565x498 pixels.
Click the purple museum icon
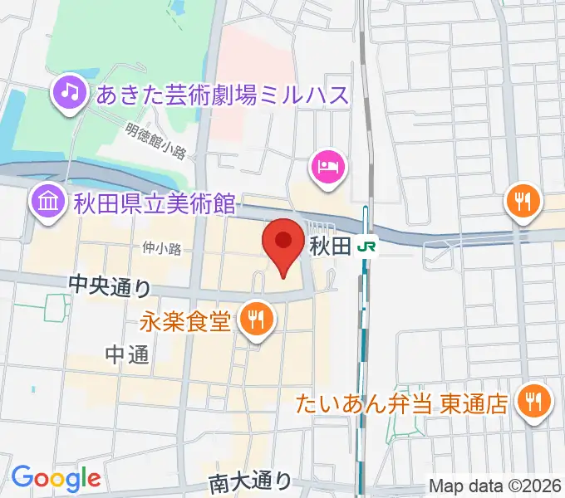[47, 201]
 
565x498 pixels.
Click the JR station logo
[366, 247]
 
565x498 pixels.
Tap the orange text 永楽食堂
[184, 320]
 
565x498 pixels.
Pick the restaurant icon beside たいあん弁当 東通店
[531, 403]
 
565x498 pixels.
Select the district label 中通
[127, 355]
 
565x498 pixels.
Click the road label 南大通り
[250, 481]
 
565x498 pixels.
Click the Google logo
[56, 479]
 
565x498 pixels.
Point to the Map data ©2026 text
[494, 485]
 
